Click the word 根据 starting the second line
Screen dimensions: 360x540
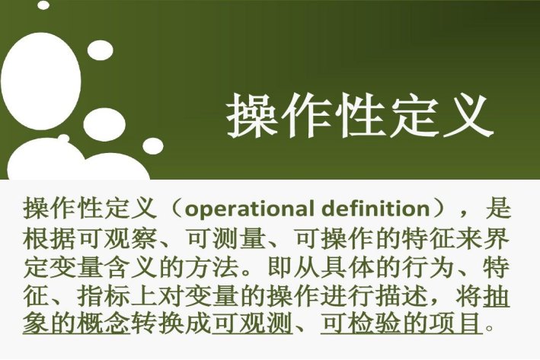(x=43, y=237)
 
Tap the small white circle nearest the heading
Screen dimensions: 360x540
(x=154, y=145)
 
